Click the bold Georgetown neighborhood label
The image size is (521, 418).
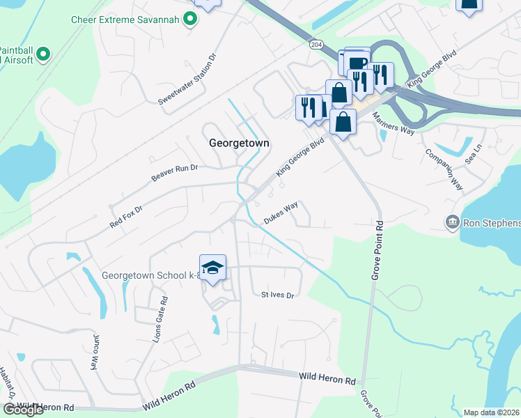[x=239, y=142]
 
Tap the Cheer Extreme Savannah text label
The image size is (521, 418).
[x=125, y=20]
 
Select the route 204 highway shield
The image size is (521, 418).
[x=316, y=44]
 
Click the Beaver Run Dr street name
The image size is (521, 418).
[x=175, y=173]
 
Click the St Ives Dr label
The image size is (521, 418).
[x=278, y=295]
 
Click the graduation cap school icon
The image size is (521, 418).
[x=213, y=267]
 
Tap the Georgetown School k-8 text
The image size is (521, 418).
[x=150, y=275]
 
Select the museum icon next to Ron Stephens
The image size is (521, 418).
[x=452, y=223]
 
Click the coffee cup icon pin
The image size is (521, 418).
[x=357, y=62]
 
